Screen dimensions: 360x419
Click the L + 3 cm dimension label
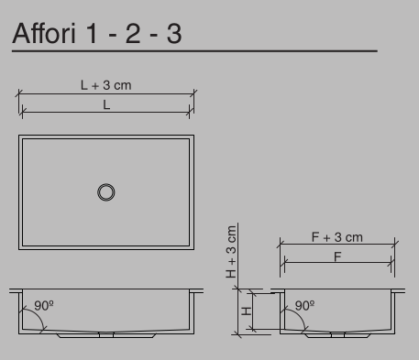coord(105,85)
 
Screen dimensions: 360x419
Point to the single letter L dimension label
coord(105,105)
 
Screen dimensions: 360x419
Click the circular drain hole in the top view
coord(106,191)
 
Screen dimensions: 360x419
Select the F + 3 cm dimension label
coord(337,237)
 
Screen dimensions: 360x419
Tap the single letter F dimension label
coord(337,256)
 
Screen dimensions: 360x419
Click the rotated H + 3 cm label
coord(232,252)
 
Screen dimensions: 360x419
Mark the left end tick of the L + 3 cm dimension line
coord(19,93)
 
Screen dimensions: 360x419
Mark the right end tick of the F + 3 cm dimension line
coord(396,245)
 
